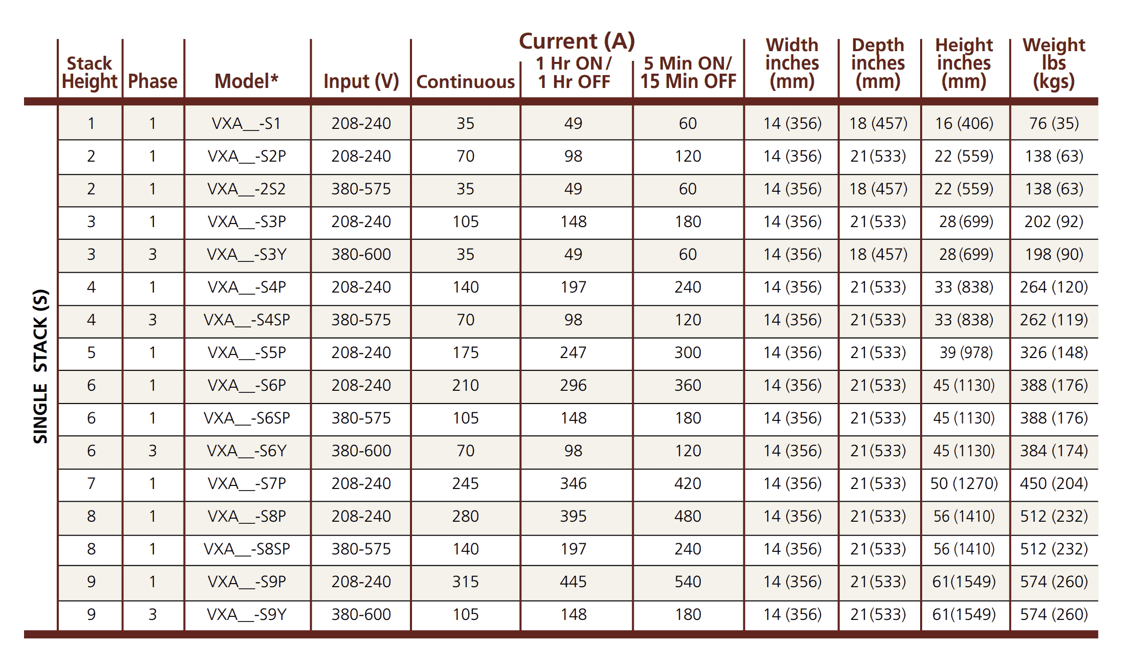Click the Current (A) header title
click(x=577, y=41)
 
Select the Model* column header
click(x=246, y=81)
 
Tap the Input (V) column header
click(x=361, y=81)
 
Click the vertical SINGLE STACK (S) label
click(x=40, y=366)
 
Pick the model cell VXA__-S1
click(x=246, y=123)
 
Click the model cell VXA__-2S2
click(x=246, y=189)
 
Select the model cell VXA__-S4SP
click(x=246, y=320)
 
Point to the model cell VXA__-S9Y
click(x=246, y=614)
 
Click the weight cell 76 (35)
click(x=1054, y=123)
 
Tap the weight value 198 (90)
click(x=1054, y=254)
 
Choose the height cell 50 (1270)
click(x=964, y=483)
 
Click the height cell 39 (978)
click(x=966, y=352)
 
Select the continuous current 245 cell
click(x=465, y=483)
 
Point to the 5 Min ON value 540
click(x=688, y=582)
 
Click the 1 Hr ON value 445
click(x=573, y=582)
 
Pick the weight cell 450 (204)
click(x=1054, y=483)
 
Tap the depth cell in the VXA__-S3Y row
click(x=878, y=254)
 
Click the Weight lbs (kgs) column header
click(x=1054, y=63)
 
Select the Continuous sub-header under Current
click(x=465, y=82)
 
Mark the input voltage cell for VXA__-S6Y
click(x=361, y=451)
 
